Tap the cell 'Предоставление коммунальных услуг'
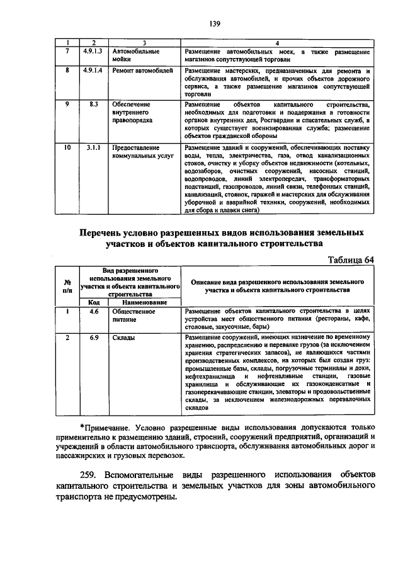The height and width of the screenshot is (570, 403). (139, 153)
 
